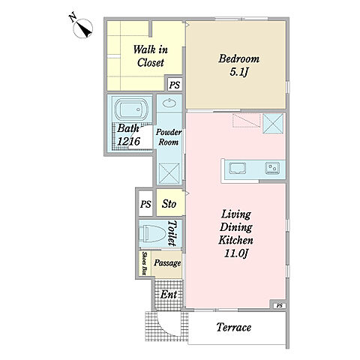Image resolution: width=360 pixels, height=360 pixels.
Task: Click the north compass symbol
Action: (x=83, y=28)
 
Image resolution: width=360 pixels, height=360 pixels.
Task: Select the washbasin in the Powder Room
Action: (x=169, y=103)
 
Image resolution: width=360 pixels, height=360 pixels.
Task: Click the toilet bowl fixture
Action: (x=152, y=233)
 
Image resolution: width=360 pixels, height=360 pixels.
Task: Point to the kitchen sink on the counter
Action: (x=238, y=168)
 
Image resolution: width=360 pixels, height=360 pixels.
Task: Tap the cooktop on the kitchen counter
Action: (x=272, y=168)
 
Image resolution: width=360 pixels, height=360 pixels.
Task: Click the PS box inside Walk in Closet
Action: (x=175, y=85)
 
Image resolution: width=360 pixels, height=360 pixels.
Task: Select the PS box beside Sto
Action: (x=145, y=204)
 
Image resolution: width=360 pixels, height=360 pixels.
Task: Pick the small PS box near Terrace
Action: (x=280, y=305)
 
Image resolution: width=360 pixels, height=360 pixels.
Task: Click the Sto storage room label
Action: (x=169, y=204)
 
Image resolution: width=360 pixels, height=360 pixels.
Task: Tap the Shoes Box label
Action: (x=144, y=263)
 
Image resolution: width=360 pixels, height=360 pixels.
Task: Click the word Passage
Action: (x=167, y=263)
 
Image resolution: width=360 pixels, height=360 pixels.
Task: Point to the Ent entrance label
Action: (x=169, y=295)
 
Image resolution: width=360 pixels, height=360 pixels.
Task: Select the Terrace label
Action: (x=234, y=327)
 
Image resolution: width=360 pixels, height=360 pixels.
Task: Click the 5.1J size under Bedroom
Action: (x=238, y=72)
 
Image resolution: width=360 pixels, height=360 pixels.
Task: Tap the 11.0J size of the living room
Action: (x=235, y=253)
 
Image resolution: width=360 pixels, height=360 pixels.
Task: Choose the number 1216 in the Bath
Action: (x=129, y=142)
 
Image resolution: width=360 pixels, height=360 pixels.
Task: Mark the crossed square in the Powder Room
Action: (x=169, y=173)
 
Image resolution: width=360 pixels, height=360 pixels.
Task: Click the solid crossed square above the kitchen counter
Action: (x=273, y=124)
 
